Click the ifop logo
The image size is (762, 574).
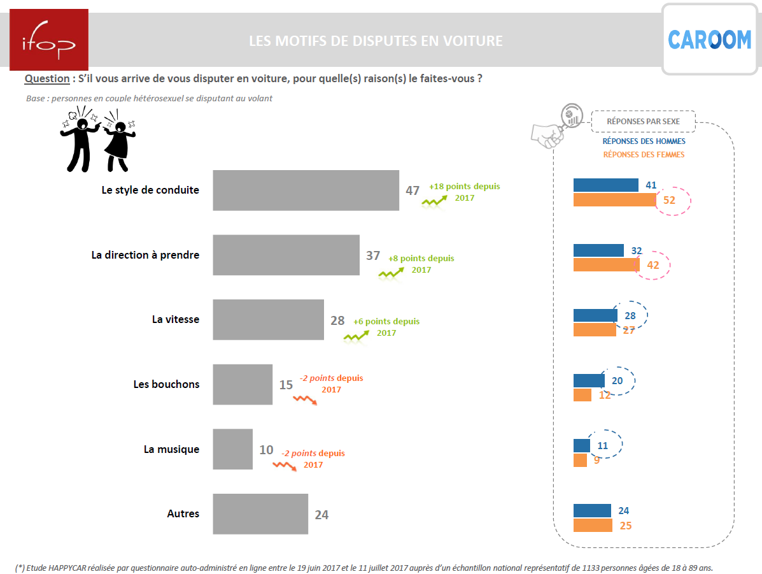click(48, 39)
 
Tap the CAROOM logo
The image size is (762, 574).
click(709, 39)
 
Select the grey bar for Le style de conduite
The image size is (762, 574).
click(306, 190)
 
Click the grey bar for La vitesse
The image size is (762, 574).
click(268, 320)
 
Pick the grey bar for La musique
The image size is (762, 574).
click(232, 449)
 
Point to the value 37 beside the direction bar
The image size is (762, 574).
click(373, 255)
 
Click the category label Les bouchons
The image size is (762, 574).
click(166, 384)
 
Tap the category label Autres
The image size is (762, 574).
click(183, 513)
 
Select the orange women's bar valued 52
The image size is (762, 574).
click(614, 200)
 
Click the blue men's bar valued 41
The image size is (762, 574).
click(605, 185)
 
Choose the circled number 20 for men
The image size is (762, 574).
click(617, 380)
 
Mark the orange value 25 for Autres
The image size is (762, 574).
click(624, 526)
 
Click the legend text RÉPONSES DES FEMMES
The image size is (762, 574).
click(644, 154)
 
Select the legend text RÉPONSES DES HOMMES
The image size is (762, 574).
click(644, 141)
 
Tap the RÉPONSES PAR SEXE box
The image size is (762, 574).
click(643, 121)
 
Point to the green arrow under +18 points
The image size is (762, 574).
click(434, 202)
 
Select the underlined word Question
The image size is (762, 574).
click(46, 78)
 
